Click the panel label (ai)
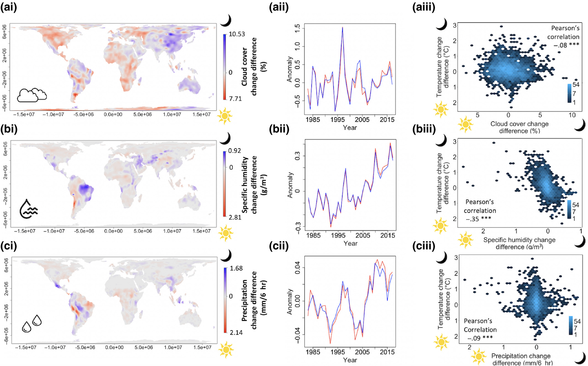coord(9,7)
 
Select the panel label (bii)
coord(279,129)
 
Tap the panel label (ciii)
coord(424,246)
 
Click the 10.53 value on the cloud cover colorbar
coord(237,34)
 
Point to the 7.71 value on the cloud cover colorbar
coord(235,99)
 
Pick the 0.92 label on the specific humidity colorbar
coord(234,151)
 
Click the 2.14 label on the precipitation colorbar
coord(236,333)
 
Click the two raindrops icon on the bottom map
coord(32,323)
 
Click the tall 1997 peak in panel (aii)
coord(342,28)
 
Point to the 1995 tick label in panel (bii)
coord(338,236)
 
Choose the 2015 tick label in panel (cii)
coord(387,352)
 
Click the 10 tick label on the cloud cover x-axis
coord(572,115)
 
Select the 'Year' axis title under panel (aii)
coord(350,128)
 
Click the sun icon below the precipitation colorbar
coord(226,350)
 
